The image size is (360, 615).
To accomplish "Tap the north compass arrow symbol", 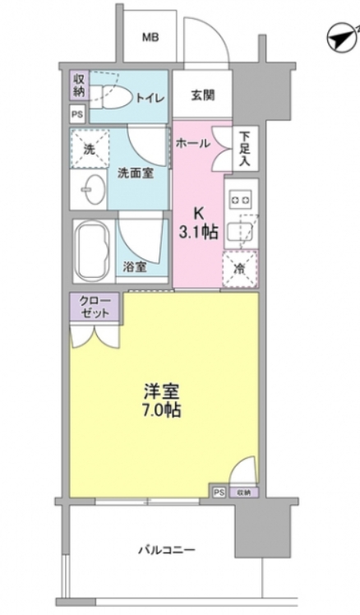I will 339,37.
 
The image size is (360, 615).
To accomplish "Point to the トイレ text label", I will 150,99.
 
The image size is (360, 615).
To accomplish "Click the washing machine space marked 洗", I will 89,150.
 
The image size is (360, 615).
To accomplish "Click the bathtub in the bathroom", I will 92,250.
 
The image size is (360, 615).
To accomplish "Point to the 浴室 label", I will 135,266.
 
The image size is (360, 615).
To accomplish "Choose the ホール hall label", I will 192,143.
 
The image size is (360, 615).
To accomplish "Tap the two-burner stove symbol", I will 240,197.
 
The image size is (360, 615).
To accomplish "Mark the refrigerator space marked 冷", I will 240,267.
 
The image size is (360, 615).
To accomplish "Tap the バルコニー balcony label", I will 162,550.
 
